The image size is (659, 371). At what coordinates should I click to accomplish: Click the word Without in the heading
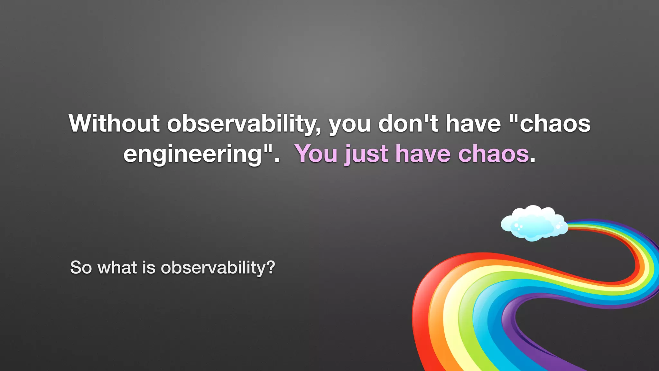[114, 123]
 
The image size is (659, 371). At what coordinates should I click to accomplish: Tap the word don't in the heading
[408, 123]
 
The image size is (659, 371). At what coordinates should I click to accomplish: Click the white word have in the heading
[473, 123]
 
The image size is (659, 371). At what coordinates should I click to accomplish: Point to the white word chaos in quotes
[555, 124]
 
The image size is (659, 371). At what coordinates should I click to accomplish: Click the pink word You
[317, 154]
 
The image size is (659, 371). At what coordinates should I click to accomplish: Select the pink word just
[366, 154]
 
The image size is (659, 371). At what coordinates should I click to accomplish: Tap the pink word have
[423, 154]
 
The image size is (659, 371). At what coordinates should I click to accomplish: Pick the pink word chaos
[494, 154]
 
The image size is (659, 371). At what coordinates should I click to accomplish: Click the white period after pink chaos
[533, 159]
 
